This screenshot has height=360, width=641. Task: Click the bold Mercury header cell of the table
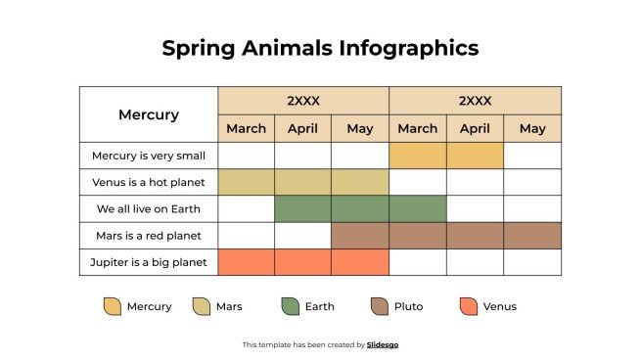coord(149,114)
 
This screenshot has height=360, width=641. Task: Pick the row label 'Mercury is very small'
coord(149,156)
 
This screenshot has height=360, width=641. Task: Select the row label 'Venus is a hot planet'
coord(149,182)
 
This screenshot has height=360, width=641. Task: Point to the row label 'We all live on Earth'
coord(149,209)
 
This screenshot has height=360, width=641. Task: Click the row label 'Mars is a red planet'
coord(149,236)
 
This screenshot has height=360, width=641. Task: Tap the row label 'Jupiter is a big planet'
coord(149,262)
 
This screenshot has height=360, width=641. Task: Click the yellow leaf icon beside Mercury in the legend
coord(113,306)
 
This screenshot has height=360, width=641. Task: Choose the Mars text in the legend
coord(229,306)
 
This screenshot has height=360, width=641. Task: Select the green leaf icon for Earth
coord(290,306)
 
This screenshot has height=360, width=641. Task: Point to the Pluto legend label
coord(408,306)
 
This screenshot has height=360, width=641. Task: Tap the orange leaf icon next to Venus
coord(468,306)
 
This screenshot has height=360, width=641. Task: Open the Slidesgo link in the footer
coord(383,344)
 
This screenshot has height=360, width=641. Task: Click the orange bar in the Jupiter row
coord(303,262)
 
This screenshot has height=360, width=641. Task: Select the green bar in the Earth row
coord(360,209)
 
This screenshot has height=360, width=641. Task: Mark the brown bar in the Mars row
coord(446,236)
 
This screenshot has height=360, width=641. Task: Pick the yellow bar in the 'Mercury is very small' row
coord(446,156)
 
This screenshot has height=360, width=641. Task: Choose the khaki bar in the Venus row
coord(303,182)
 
